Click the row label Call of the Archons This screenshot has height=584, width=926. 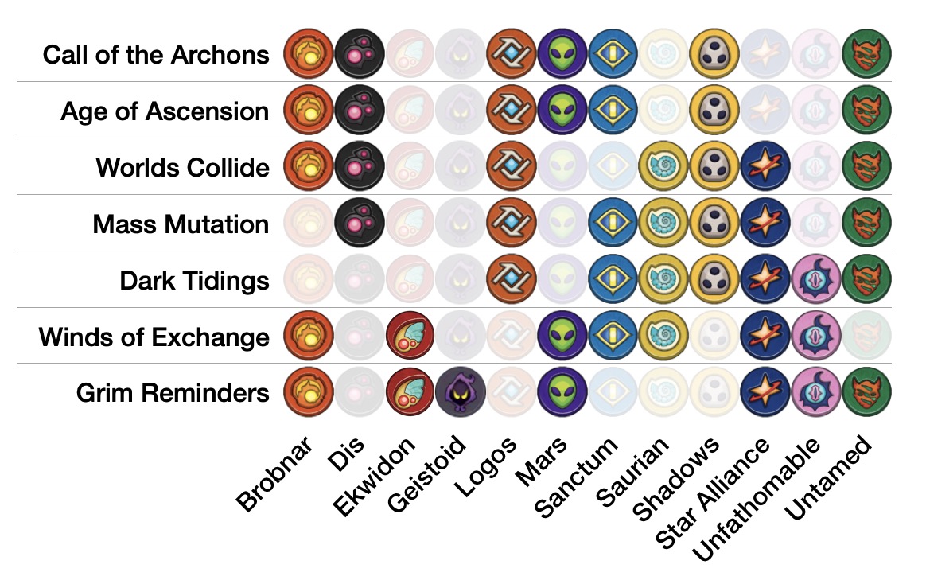(x=156, y=55)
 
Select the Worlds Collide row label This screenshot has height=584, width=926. (x=182, y=168)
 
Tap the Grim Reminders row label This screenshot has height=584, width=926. (x=173, y=393)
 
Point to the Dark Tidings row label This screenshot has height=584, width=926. (x=194, y=281)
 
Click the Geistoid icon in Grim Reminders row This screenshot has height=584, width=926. (x=461, y=394)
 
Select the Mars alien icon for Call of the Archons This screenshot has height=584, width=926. (x=562, y=54)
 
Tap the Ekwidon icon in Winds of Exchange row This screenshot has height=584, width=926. (x=410, y=337)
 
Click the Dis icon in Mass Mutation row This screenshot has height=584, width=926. (x=360, y=224)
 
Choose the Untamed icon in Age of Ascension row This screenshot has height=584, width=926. (x=866, y=111)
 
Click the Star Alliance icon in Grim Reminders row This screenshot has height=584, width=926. (x=765, y=394)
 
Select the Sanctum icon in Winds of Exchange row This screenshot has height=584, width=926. (x=613, y=337)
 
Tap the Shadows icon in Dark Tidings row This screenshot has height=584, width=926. (x=714, y=280)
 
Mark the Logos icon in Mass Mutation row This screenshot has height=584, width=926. (x=512, y=224)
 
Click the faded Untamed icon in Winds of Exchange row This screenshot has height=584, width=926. (x=866, y=337)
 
